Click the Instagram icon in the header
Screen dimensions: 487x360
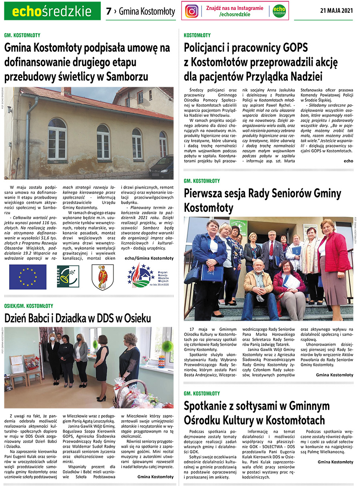[192, 11]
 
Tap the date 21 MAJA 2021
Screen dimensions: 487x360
[336, 11]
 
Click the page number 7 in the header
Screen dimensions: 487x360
[108, 12]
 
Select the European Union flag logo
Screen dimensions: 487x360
[28, 277]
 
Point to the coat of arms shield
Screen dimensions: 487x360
[103, 277]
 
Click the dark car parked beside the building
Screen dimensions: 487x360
[162, 167]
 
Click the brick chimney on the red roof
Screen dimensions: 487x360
[66, 92]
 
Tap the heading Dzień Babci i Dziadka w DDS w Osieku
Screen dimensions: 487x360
[78, 318]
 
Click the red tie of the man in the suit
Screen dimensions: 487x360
[272, 248]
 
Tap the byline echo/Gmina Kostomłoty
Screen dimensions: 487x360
[149, 258]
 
